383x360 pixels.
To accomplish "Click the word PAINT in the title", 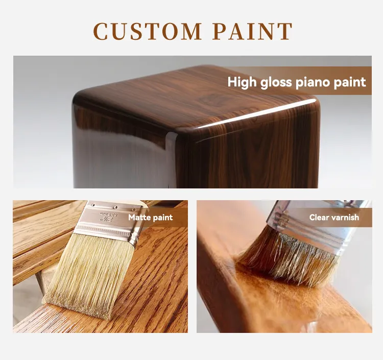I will [x=252, y=31].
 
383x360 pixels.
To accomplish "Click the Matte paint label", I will [x=150, y=218].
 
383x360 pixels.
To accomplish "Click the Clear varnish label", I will [x=334, y=218].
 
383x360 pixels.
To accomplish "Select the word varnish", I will [x=345, y=218].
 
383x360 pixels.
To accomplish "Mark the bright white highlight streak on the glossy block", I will [x=255, y=114].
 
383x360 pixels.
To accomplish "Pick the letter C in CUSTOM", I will [x=101, y=31].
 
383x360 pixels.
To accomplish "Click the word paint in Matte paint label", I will [x=163, y=218].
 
